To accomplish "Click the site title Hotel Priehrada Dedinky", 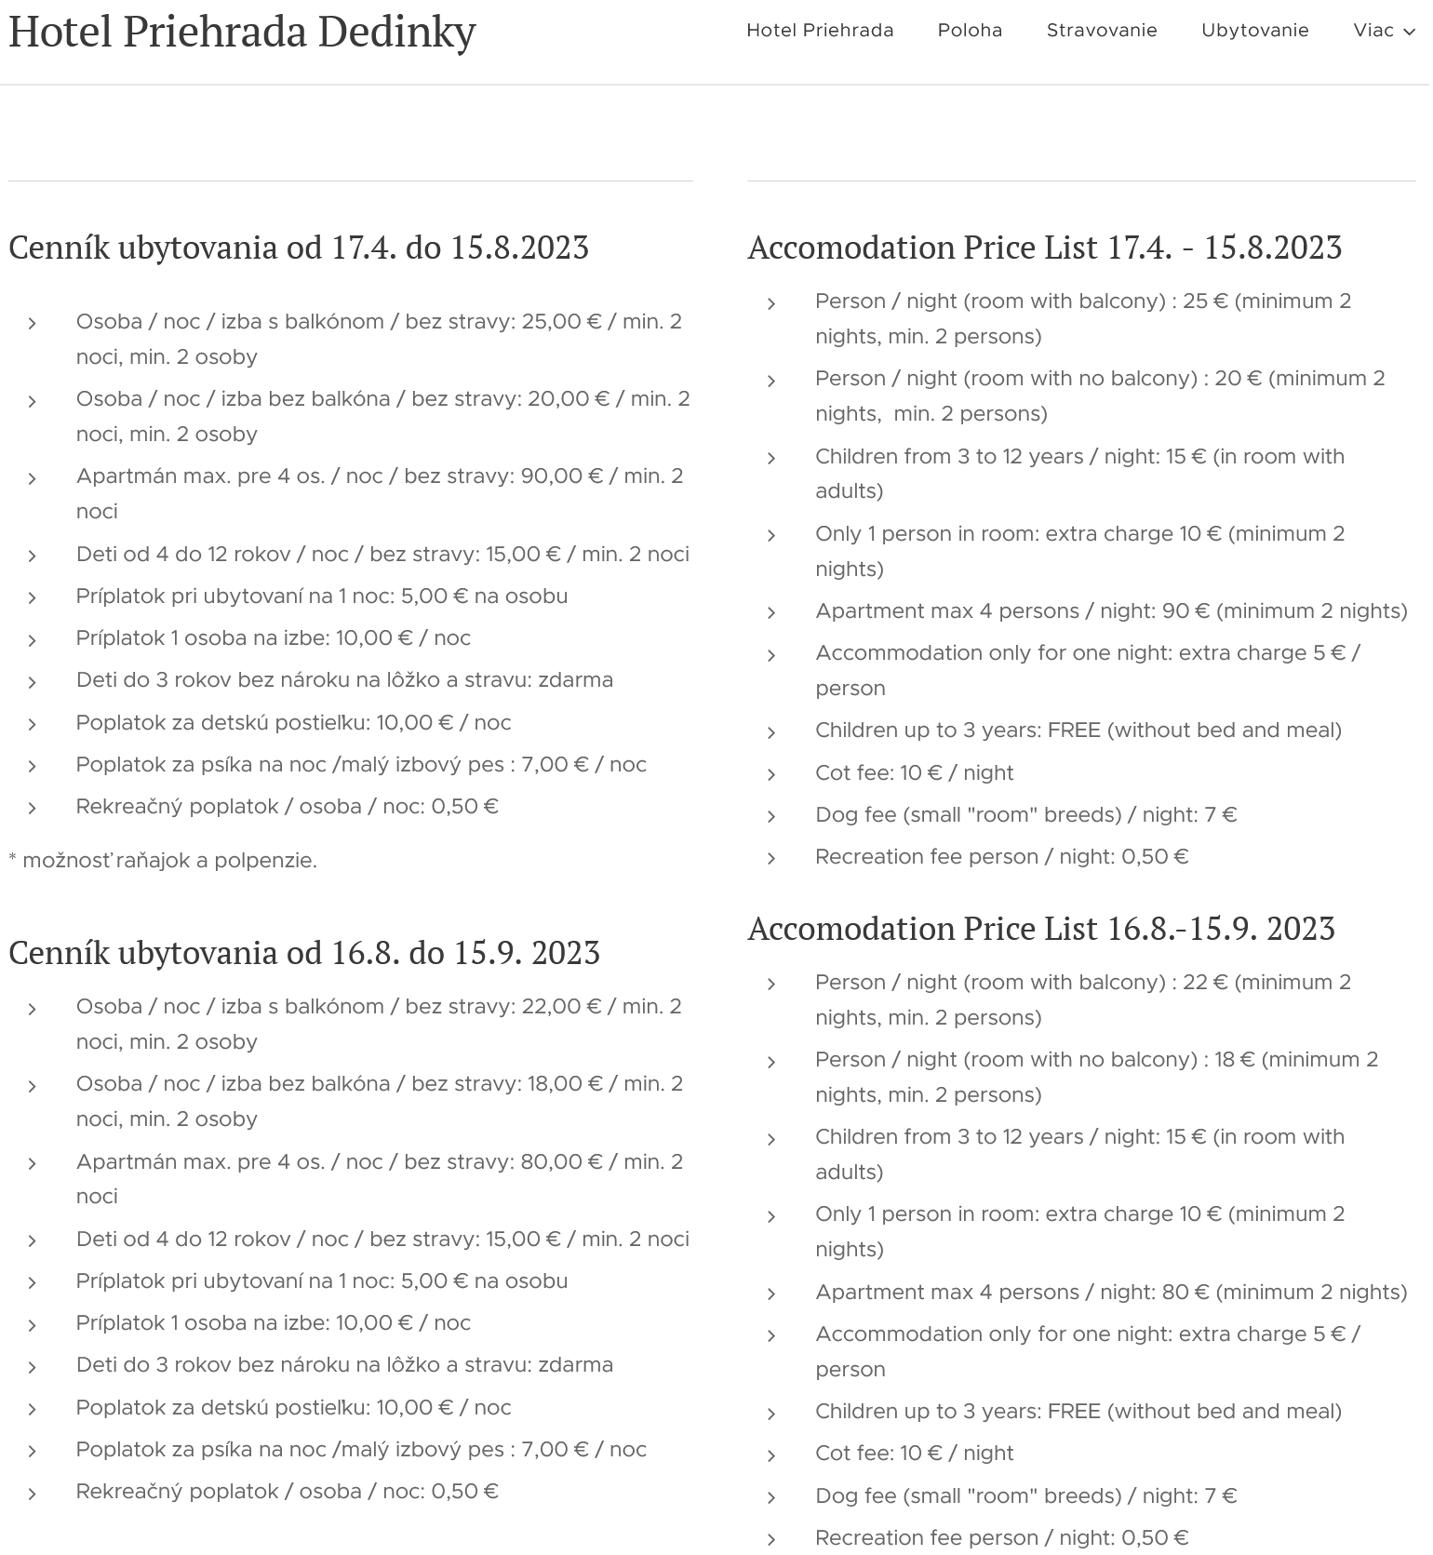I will [242, 31].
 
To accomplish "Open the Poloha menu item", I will [970, 31].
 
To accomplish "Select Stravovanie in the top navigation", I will [1102, 31].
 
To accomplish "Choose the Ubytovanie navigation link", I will [1254, 31].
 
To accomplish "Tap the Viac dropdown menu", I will [1383, 31].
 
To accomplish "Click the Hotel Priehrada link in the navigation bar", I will [820, 31].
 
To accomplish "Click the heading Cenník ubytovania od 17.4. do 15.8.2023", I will [299, 248].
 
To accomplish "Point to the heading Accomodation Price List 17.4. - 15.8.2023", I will [1044, 248].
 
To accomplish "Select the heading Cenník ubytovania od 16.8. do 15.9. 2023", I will [304, 953].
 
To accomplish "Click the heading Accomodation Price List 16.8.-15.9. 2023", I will [1041, 929].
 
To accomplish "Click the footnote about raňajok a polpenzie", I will [163, 861].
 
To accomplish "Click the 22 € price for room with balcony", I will [1205, 983].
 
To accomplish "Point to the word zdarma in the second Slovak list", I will [575, 1365].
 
